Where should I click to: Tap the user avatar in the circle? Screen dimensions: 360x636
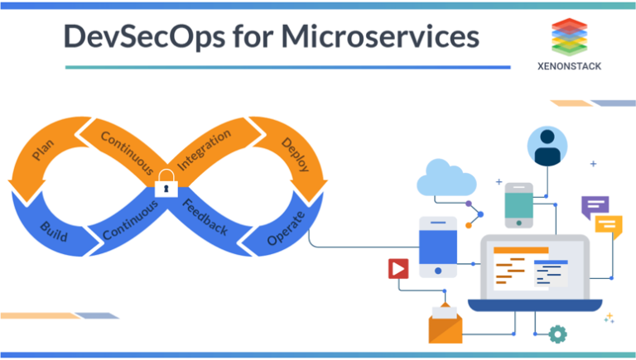[x=547, y=147]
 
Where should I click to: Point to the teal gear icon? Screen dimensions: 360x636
[x=557, y=334]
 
